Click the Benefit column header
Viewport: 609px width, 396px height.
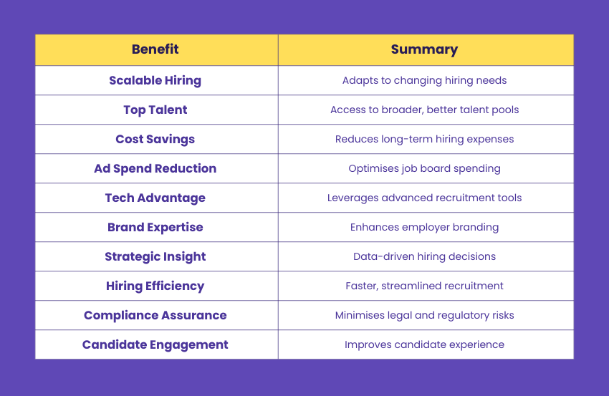point(155,49)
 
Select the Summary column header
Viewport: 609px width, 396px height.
point(424,49)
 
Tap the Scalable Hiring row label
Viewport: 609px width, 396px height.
point(155,80)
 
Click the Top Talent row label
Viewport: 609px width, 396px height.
point(155,110)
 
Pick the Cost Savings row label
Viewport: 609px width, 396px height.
point(155,139)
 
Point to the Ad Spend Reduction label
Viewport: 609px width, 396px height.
point(155,168)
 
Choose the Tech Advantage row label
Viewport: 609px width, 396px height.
point(155,198)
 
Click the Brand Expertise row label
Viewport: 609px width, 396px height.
point(155,227)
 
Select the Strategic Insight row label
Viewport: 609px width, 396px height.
point(155,256)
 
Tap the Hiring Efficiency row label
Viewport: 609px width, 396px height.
point(155,286)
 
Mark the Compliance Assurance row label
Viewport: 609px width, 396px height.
point(155,315)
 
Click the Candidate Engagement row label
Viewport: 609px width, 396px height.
point(155,344)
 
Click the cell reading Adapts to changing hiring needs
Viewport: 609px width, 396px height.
point(424,80)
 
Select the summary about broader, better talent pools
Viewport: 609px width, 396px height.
point(424,110)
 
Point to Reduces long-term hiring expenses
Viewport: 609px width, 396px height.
point(424,139)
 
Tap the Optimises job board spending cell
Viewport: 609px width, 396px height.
point(424,168)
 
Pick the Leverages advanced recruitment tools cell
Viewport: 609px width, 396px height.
point(424,198)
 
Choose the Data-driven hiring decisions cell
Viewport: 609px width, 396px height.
point(424,256)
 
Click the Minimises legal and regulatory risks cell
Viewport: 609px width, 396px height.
point(424,315)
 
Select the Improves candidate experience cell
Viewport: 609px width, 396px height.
point(424,344)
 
